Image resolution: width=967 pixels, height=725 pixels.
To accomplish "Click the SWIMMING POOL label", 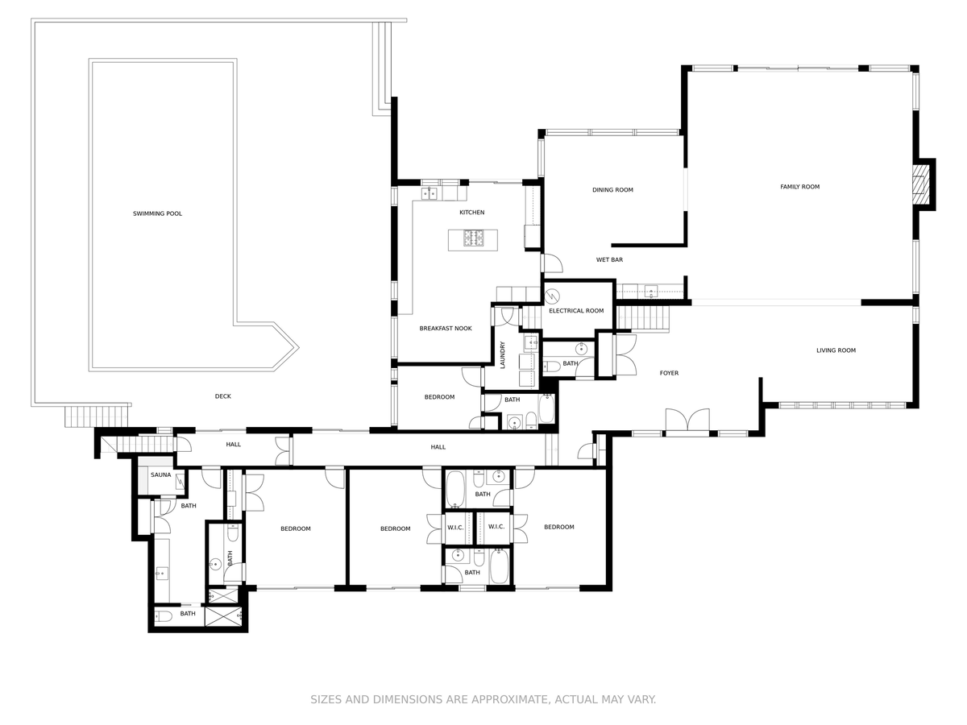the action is click(157, 213).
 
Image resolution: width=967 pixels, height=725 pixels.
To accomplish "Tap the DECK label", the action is click(223, 396).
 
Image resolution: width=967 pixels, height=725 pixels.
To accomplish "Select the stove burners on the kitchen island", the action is click(473, 238).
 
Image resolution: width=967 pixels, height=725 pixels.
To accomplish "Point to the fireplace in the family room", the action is click(919, 185).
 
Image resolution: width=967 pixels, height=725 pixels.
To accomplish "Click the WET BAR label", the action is click(609, 259).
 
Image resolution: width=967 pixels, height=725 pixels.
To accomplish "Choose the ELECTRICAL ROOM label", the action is click(576, 311).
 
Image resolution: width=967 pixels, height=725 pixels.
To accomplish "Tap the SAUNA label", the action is click(161, 475).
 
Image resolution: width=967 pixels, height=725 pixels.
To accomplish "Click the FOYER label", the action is click(669, 373).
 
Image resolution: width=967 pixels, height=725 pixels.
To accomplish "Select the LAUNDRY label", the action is click(503, 354).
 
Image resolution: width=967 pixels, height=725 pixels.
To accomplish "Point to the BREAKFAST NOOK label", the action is click(446, 329).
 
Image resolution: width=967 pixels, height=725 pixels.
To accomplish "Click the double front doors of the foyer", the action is click(687, 421).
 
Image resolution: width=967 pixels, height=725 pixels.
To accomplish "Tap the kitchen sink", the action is click(429, 193).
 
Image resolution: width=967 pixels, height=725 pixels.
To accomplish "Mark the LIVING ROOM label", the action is click(836, 350).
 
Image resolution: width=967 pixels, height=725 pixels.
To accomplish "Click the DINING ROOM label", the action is click(612, 190).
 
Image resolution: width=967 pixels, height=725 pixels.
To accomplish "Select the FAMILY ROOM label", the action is click(799, 187).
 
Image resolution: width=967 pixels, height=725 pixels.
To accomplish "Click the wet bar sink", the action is click(650, 292).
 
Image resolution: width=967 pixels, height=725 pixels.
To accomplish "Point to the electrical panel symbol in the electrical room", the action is click(552, 296).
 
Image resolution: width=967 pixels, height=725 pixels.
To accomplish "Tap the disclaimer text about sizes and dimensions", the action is click(483, 699).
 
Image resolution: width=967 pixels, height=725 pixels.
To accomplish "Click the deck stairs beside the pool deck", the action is click(97, 416).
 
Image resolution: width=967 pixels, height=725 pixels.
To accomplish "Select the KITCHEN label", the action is click(472, 212).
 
